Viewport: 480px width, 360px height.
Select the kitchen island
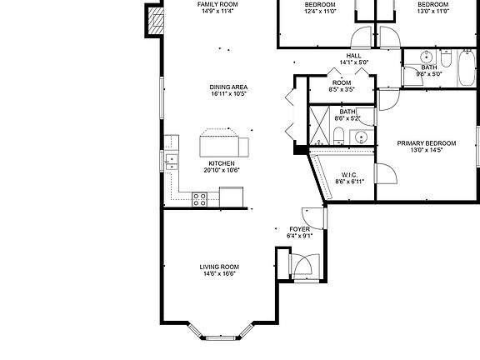point(225,144)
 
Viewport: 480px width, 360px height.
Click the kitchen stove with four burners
point(200,198)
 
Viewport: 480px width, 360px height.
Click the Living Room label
point(219,267)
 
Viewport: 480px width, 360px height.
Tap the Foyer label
point(299,228)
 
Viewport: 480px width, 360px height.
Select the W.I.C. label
point(350,175)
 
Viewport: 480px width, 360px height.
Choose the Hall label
point(354,56)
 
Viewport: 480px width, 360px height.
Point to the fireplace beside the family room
point(154,20)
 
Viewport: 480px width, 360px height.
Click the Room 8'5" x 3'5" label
point(342,82)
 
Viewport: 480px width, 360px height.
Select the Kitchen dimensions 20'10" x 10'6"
point(222,170)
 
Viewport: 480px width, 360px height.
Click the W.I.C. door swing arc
point(385,173)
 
